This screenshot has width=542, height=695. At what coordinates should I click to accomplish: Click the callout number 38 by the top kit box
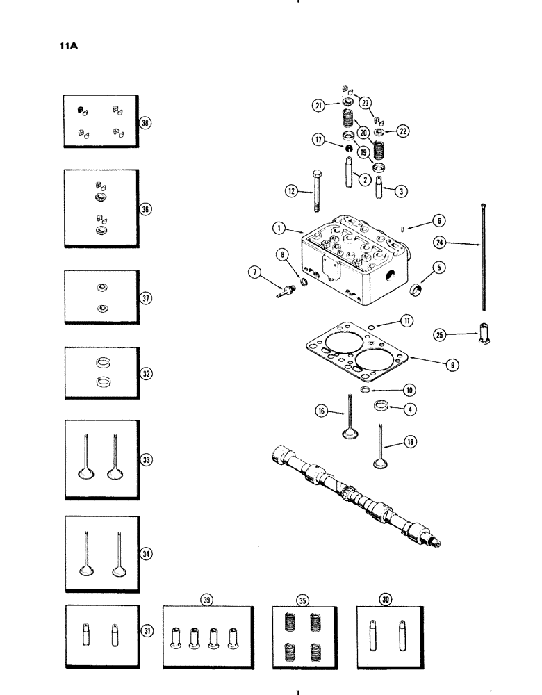145,122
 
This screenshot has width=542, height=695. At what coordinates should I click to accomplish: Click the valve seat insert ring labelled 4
382,407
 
